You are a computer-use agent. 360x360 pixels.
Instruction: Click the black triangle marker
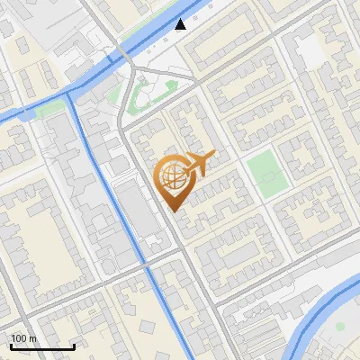181,24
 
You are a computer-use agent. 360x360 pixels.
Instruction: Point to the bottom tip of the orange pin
173,211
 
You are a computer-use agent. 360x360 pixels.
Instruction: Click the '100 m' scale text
23,338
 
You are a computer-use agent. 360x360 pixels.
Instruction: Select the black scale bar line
42,346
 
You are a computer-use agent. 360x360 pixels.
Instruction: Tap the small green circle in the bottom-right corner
340,327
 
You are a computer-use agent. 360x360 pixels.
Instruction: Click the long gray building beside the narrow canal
135,211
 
